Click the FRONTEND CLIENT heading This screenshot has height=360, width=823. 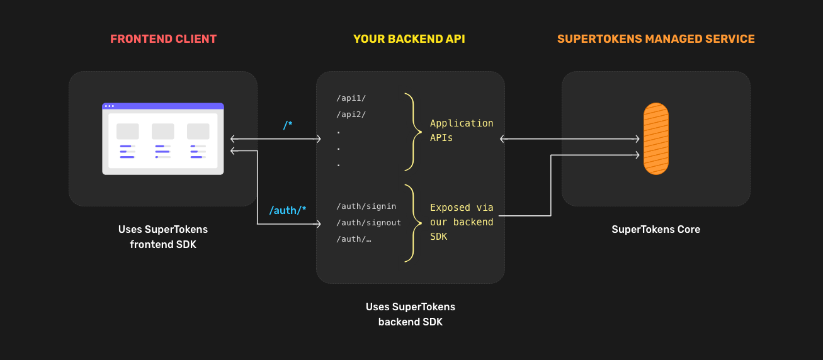tap(163, 39)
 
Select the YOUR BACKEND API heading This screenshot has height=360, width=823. tap(409, 39)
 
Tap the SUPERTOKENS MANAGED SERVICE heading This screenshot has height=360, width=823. tap(656, 39)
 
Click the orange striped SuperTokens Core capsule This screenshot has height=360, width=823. tap(656, 138)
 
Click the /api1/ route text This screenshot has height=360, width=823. tap(351, 98)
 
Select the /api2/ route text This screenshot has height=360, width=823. tap(351, 115)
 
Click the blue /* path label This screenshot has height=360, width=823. tap(287, 125)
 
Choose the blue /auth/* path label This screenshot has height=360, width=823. tap(288, 210)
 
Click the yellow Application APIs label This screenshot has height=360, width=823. tap(461, 130)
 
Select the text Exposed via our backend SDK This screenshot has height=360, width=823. tap(461, 222)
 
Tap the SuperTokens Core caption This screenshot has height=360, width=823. tap(656, 230)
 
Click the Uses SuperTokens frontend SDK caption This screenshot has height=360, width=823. tap(163, 237)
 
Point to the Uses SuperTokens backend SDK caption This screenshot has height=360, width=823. tap(411, 315)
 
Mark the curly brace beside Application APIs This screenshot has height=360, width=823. tap(413, 132)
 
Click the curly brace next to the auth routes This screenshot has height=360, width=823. tap(413, 223)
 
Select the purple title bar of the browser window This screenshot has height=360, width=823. tap(163, 106)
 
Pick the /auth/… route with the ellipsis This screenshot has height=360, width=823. tap(353, 239)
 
